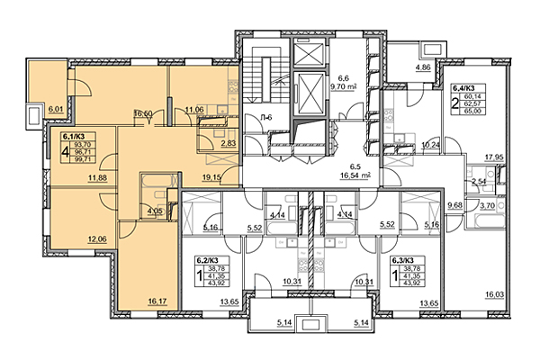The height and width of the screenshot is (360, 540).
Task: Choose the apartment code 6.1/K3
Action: coord(76,138)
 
